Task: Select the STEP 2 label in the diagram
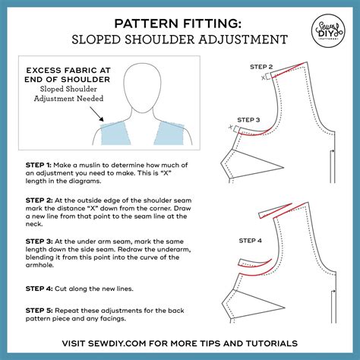pos(262,67)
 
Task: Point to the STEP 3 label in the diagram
pos(248,119)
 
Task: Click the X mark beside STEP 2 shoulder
pos(264,77)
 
